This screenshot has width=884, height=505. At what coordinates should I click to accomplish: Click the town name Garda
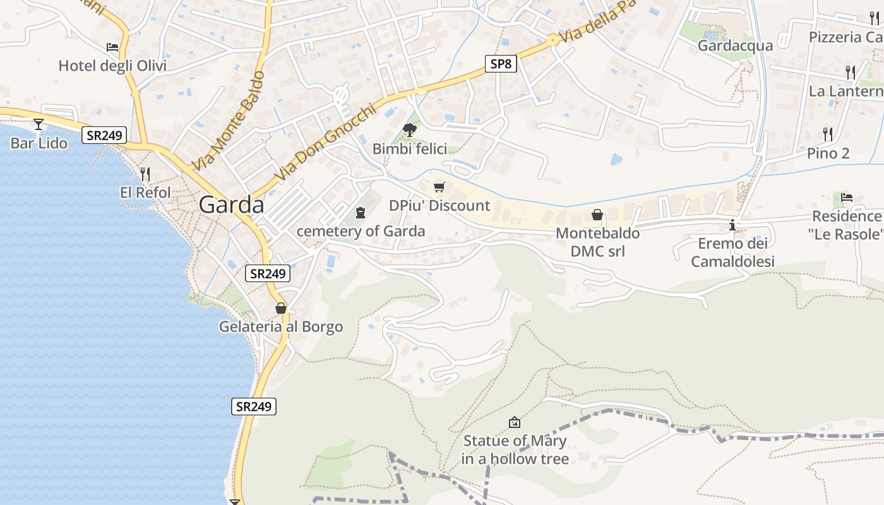pos(231,205)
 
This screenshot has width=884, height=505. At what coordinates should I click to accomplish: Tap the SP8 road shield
pos(501,64)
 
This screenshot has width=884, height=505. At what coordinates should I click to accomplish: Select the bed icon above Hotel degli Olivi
pos(112,47)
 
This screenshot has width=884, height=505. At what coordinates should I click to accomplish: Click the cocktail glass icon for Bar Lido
pos(39,124)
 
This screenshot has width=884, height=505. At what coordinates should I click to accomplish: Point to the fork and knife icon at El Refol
pos(145,174)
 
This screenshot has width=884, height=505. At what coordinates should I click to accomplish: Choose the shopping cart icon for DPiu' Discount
pos(439,187)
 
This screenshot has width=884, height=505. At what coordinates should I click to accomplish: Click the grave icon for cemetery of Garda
pos(361,213)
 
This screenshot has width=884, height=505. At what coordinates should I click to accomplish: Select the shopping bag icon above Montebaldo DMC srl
pos(597,215)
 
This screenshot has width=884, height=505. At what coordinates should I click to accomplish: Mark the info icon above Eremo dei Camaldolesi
pos(732,225)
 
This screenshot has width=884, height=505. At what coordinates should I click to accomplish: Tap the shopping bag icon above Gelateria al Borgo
pos(281,308)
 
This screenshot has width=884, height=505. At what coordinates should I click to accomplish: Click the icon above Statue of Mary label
pos(515,422)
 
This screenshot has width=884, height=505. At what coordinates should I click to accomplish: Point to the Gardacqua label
pos(735,46)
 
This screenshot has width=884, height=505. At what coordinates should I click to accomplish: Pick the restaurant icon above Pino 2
pos(828,134)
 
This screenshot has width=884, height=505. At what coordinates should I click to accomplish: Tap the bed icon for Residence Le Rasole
pos(847,198)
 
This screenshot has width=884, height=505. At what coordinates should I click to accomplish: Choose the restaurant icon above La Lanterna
pos(850,72)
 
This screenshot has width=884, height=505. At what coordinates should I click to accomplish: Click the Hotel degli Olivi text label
pos(112,66)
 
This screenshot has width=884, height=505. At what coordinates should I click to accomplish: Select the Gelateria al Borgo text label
pos(281,327)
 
